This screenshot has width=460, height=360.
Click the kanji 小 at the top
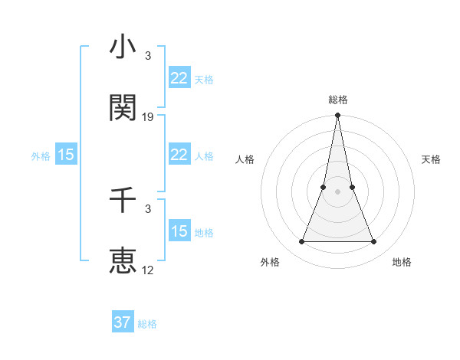123,48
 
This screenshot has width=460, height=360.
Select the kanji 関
123,109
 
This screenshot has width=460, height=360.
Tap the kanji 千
123,201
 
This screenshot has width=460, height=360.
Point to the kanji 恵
123,261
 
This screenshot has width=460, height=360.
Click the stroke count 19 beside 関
149,117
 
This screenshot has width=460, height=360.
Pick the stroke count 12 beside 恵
149,270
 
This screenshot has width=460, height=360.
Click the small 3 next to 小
148,57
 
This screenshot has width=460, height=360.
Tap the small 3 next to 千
148,209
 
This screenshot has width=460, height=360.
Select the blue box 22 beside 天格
179,78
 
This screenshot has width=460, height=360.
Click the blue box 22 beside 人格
179,155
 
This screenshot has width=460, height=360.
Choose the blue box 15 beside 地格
179,231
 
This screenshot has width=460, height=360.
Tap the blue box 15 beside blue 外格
66,155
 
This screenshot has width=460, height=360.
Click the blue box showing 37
123,322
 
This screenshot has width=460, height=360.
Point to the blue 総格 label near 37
147,324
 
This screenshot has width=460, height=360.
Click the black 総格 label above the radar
338,100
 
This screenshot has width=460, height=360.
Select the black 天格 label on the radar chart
432,159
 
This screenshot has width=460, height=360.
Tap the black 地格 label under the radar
402,263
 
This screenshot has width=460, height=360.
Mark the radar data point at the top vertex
338,116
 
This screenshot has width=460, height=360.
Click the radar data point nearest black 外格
302,242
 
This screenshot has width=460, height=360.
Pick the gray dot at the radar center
338,191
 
